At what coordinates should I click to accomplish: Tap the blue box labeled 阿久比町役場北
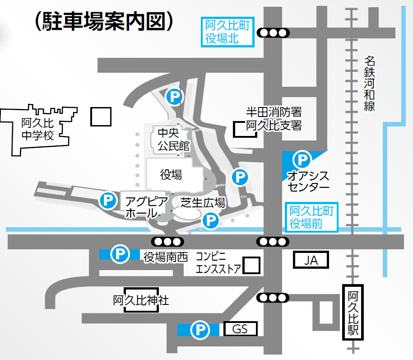click(227, 32)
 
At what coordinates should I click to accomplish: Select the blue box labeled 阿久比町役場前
click(313, 217)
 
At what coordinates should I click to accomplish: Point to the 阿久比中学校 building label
click(37, 129)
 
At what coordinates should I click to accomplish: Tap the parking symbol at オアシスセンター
click(302, 159)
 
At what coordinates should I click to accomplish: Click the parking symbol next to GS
click(199, 330)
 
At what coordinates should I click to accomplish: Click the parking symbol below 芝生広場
click(210, 221)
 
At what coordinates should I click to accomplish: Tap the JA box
click(311, 260)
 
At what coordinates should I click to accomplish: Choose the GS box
click(240, 329)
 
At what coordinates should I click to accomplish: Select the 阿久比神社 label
click(141, 300)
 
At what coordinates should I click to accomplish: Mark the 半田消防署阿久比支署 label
click(274, 118)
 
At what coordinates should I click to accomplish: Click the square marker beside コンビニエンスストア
click(251, 265)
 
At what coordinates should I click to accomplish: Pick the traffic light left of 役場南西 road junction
click(167, 241)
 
